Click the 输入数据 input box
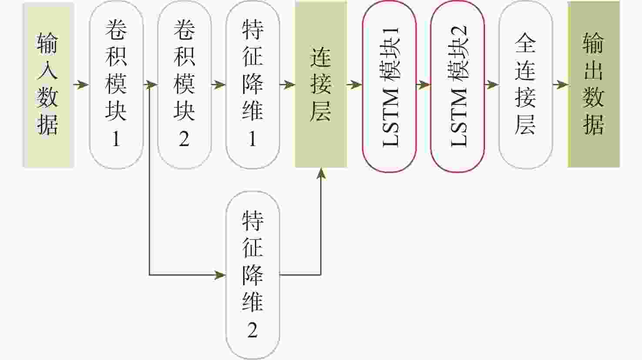tap(48, 84)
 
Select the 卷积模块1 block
tap(116, 84)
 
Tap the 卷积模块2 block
tap(184, 84)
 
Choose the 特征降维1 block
tap(253, 84)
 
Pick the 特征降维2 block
tap(253, 275)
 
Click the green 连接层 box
tap(321, 84)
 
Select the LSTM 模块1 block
tap(389, 87)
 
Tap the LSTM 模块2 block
tap(458, 87)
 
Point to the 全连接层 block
tap(525, 84)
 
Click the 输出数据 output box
tap(594, 84)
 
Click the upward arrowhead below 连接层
tap(321, 173)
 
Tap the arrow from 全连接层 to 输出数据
tap(560, 84)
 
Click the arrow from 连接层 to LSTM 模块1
tap(355, 84)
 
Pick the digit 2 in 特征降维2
tap(253, 330)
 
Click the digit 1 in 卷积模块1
tap(116, 139)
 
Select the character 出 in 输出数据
tap(594, 70)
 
